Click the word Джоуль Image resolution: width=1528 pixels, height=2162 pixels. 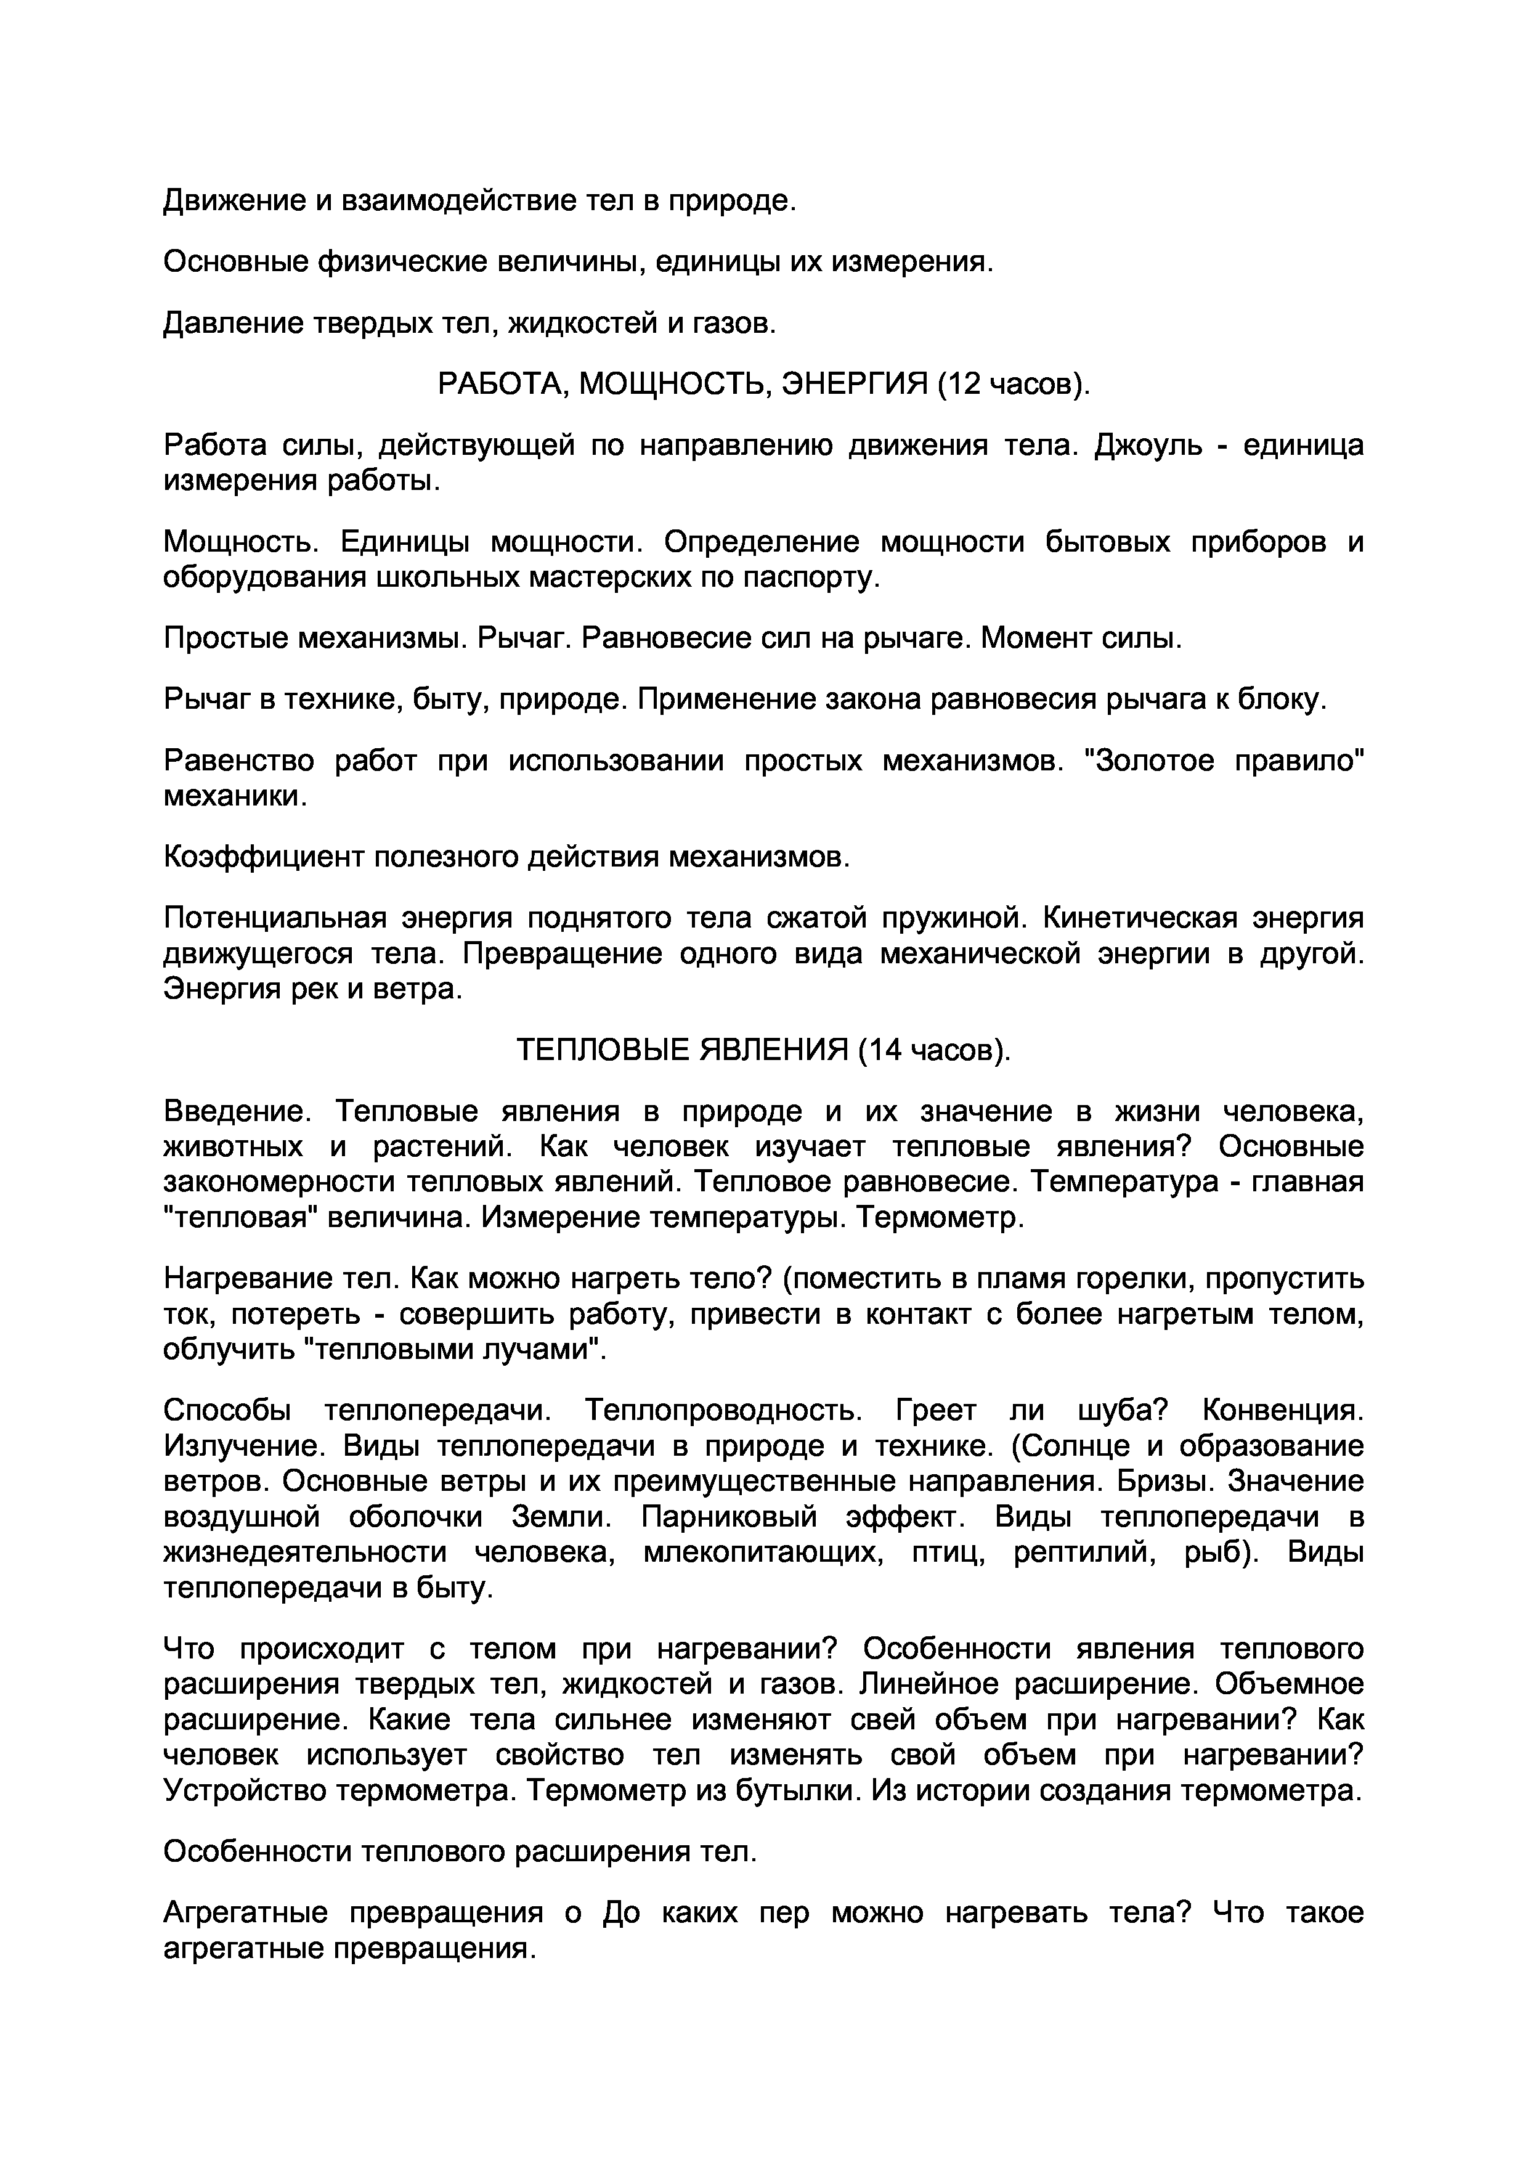1148,444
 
